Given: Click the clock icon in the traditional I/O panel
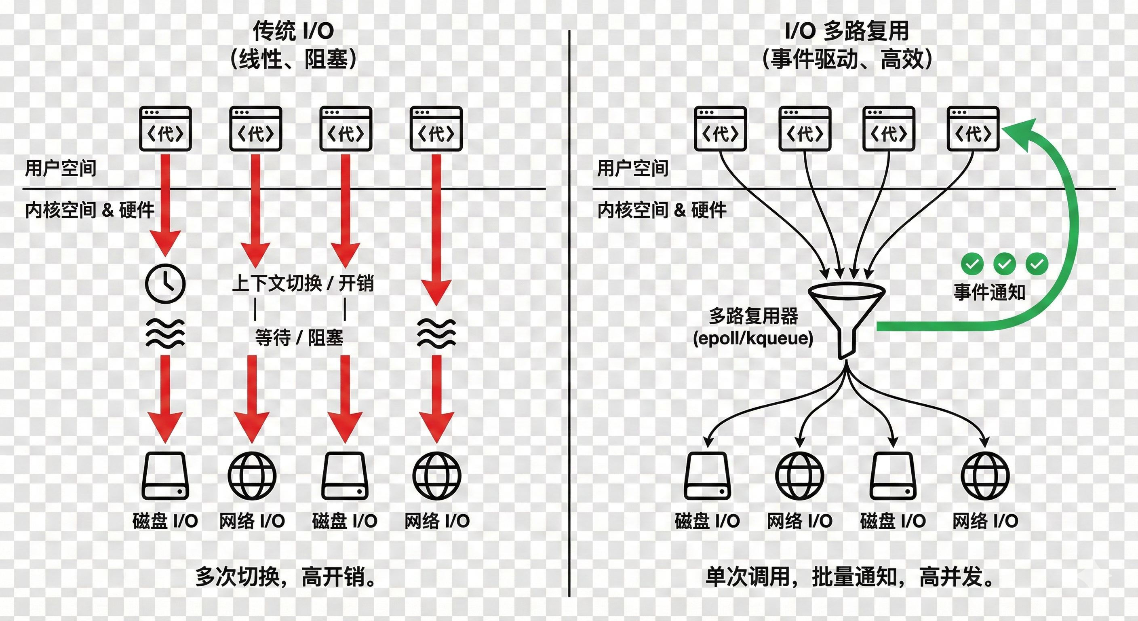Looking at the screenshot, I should click(x=165, y=283).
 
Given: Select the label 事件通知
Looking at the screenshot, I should click(x=989, y=292).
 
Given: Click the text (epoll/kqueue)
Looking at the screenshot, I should click(x=753, y=338).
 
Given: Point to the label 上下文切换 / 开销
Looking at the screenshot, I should click(x=303, y=283).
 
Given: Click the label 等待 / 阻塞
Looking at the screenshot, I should click(x=299, y=338).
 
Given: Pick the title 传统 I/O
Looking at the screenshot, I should click(x=293, y=31).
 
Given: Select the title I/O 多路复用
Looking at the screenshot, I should click(x=847, y=31).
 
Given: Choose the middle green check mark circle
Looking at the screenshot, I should click(x=1004, y=264).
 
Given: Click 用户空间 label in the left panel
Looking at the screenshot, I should click(x=61, y=169).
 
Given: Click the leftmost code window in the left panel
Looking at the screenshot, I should click(x=165, y=129).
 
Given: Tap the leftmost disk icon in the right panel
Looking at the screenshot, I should click(x=707, y=476).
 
